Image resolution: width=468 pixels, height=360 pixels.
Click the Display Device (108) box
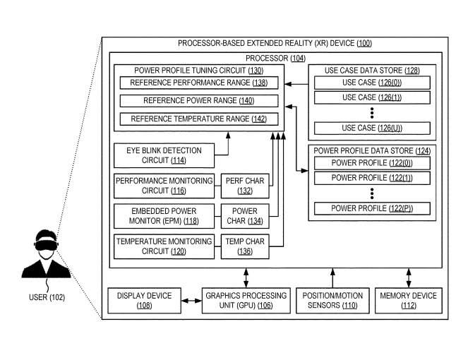(144, 301)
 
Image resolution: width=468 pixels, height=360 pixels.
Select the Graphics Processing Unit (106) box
(244, 301)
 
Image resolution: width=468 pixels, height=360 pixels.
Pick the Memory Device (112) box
(409, 301)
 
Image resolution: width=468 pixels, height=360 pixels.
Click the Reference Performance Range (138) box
(198, 83)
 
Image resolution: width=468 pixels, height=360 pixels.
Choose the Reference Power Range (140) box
(198, 101)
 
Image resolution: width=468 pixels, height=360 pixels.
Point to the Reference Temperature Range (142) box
(198, 119)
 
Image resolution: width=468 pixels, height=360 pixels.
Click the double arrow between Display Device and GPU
(191, 301)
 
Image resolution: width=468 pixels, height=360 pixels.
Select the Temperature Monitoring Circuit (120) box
(164, 246)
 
